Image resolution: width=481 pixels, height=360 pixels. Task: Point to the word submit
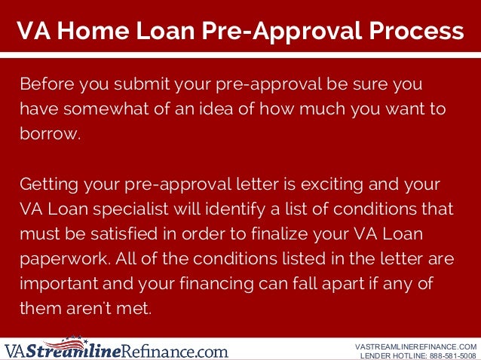click(x=137, y=82)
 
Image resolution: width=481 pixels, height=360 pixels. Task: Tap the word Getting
click(x=47, y=185)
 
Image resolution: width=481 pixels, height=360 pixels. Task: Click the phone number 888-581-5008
click(x=448, y=355)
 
